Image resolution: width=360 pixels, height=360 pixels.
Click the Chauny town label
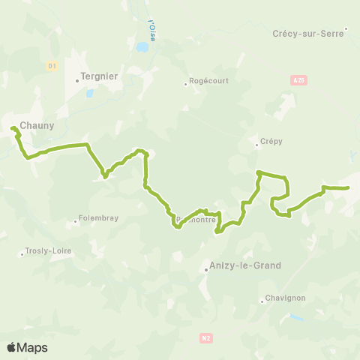coord(37,125)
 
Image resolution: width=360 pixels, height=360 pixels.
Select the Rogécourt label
coord(208,83)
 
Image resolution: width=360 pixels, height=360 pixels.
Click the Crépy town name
coord(271,140)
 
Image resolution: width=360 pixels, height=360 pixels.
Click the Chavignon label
coord(286,298)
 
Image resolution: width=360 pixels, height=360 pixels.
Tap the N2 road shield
coord(206,338)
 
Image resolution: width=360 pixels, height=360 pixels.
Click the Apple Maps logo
coord(27,347)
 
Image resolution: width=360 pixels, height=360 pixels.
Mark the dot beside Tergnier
coord(77,81)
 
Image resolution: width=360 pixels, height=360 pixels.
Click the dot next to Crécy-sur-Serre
coord(346,30)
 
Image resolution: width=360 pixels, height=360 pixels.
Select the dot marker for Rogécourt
coord(186,83)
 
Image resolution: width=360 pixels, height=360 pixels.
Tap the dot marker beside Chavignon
coord(262,301)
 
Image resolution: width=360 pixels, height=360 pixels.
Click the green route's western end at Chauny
coord(13,129)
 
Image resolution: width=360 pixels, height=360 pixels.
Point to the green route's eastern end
coord(349,187)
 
